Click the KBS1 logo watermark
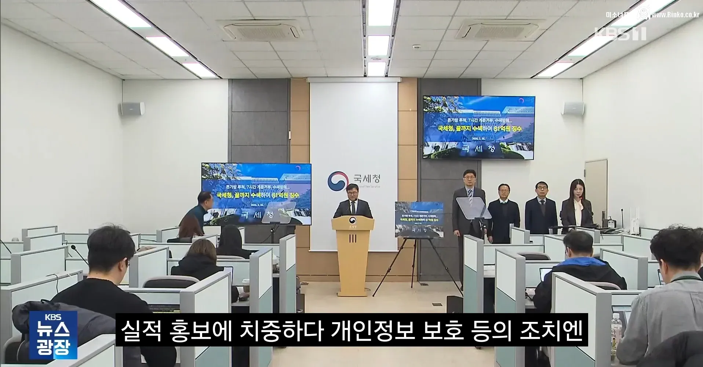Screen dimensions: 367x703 click(620, 34)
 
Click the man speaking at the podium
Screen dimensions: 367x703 click(352, 203)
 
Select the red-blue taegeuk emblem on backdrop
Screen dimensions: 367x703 click(338, 180)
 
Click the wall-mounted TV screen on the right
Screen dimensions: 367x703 click(479, 127)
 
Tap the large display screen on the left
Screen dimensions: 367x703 click(256, 194)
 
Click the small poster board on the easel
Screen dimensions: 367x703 click(419, 219)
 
